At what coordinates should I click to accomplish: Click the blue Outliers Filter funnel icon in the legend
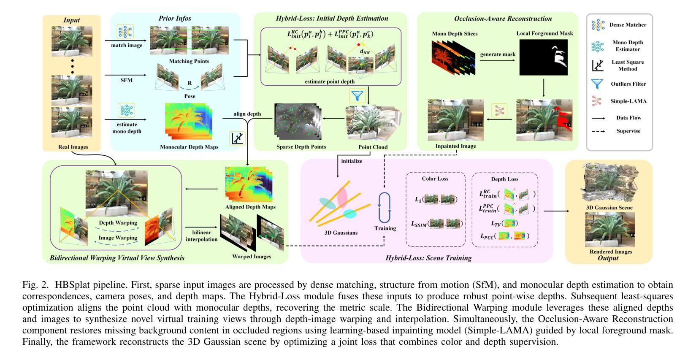pos(598,84)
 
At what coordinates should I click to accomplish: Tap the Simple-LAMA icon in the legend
pos(597,101)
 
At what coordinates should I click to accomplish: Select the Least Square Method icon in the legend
pos(598,65)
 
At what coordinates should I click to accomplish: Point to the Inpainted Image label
pos(455,146)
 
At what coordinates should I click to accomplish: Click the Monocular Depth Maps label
pos(189,147)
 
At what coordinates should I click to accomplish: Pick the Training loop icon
pos(385,208)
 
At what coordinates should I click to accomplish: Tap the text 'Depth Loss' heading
pos(504,179)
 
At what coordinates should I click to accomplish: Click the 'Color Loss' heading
pos(435,179)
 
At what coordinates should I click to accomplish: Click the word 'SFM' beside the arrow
pos(126,80)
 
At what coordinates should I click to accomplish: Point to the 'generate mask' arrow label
pos(498,54)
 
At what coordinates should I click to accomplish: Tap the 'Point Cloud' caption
pos(373,147)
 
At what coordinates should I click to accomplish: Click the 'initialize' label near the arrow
pos(352,161)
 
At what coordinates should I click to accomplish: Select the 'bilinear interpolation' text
pos(201,236)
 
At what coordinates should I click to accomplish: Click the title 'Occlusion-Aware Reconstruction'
pos(497,19)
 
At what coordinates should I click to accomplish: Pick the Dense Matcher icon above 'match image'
pos(125,32)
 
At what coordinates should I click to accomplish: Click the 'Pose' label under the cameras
pos(190,96)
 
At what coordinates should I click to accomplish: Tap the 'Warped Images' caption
pos(252,256)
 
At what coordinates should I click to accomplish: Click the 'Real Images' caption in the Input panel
pos(73,147)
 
